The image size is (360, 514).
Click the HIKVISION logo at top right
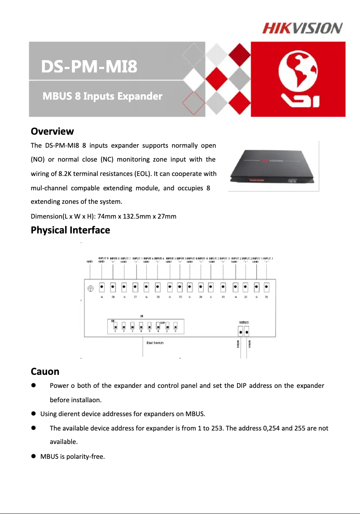(302, 28)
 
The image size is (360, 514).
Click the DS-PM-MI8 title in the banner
(89, 68)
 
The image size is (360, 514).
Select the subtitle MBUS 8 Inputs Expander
(102, 97)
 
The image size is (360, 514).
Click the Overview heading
(52, 132)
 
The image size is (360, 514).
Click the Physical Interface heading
(70, 230)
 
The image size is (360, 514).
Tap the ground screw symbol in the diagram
(90, 288)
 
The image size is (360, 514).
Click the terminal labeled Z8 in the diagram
(113, 287)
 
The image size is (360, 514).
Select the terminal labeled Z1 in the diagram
(267, 287)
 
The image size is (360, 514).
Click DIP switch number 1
(115, 325)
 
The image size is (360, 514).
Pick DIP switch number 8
(176, 325)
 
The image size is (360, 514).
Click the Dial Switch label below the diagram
(155, 343)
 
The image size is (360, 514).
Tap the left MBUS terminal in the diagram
(241, 332)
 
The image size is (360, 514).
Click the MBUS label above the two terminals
(243, 322)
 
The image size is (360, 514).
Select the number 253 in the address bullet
(217, 428)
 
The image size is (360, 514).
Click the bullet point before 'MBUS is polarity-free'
(33, 457)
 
